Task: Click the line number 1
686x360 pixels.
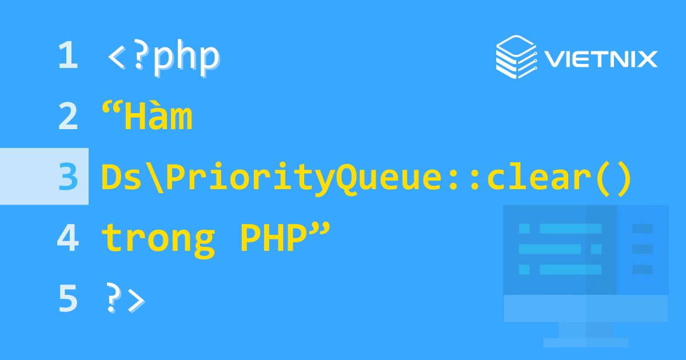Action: (67, 57)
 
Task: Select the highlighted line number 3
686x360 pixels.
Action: (67, 177)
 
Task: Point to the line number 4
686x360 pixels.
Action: (67, 238)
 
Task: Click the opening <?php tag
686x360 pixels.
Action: (163, 57)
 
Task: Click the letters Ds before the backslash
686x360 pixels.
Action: (119, 177)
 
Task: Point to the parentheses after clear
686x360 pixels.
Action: (612, 178)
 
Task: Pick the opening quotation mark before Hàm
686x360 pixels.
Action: (111, 109)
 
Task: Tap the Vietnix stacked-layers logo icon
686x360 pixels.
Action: (514, 57)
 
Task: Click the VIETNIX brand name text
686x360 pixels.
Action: (601, 59)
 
